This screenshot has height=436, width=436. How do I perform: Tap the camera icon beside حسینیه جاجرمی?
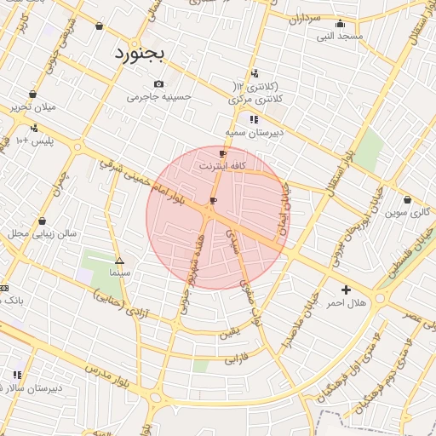tap(159, 83)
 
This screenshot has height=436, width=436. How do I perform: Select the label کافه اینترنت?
tap(223, 166)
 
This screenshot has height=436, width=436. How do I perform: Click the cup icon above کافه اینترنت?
tap(223, 154)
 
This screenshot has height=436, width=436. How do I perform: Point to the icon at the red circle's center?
tap(213, 201)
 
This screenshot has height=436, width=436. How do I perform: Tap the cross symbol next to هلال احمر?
tap(346, 290)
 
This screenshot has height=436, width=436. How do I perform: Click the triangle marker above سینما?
tap(119, 261)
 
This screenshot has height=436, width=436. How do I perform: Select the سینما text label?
tap(119, 273)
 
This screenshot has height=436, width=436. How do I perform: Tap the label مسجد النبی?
tap(340, 37)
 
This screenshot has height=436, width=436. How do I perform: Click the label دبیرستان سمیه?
tap(254, 134)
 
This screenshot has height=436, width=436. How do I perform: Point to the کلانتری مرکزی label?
tap(255, 100)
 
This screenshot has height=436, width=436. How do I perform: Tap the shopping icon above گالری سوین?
tap(407, 200)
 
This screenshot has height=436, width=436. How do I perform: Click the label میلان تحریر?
tap(32, 107)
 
